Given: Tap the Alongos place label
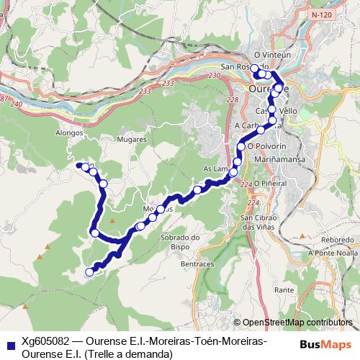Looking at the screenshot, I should (70, 132).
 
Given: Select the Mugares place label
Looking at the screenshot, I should (131, 139).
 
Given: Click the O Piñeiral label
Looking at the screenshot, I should (270, 184).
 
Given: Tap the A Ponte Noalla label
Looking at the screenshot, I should (333, 253).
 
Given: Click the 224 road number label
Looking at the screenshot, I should (247, 185).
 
